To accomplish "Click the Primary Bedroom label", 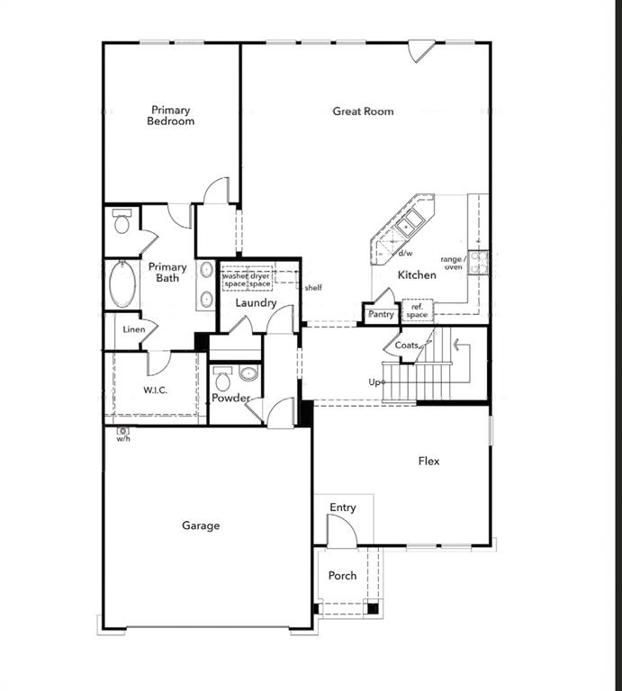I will coord(171,115).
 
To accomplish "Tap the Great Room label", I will coord(363,112).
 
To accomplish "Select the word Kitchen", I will coord(417,275).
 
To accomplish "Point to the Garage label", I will coord(200,525).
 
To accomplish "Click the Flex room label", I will coord(428,461).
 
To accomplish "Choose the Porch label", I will coord(342,576).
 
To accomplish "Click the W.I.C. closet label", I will coord(156,390).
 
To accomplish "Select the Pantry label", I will coord(381,315).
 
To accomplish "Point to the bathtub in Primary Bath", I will coord(122,284).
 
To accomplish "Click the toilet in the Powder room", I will coord(222,376).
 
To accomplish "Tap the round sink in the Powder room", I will coord(249,373).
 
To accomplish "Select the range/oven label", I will coord(451,263).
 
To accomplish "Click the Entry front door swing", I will coord(341,533).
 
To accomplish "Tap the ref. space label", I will coord(416,311).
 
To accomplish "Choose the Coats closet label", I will coord(405,345).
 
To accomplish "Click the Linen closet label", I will coord(134,329).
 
